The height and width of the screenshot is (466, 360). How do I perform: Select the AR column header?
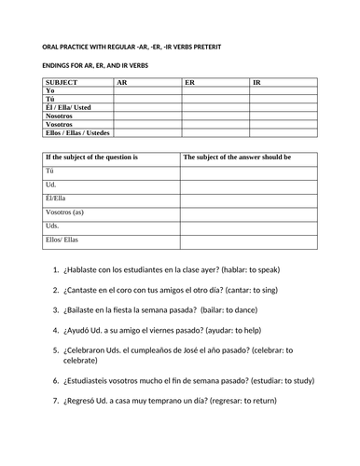(x=122, y=82)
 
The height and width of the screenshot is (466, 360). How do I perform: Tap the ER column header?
(x=189, y=82)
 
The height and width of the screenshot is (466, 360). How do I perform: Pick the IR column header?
(x=257, y=82)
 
